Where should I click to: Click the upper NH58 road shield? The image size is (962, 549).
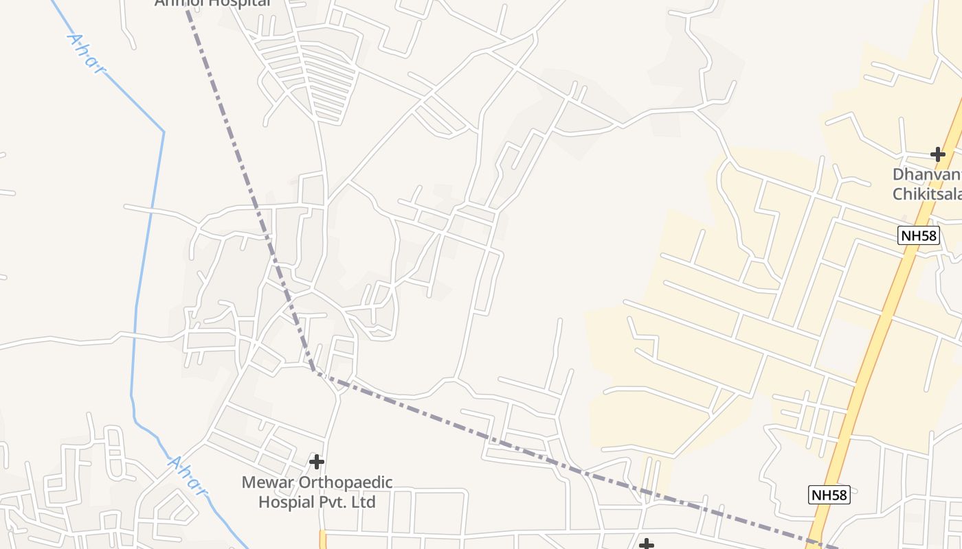pos(919,236)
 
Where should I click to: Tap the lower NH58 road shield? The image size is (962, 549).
pos(829,495)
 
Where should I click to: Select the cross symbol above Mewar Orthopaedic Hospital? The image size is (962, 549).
pos(316,461)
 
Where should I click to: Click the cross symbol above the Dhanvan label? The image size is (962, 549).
pos(937,154)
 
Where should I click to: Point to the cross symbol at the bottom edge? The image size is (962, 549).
pos(646,545)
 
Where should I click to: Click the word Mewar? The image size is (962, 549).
pos(267,482)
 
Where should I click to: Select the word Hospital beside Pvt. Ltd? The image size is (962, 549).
pos(286,502)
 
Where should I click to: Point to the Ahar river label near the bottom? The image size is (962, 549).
pos(186,475)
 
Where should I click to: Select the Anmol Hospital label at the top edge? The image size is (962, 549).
pos(213,3)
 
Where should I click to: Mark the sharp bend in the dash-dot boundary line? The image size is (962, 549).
pos(316,373)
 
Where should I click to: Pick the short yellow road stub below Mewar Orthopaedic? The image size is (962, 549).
pos(322,539)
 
